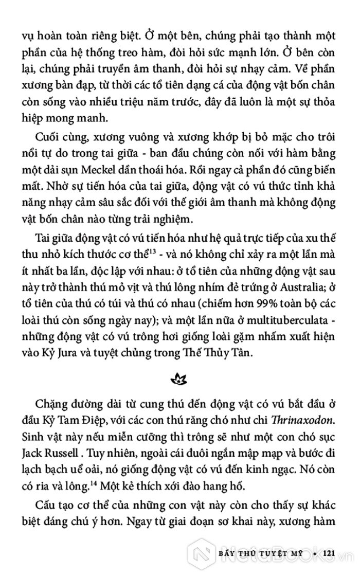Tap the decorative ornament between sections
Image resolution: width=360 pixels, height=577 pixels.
pos(179,380)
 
